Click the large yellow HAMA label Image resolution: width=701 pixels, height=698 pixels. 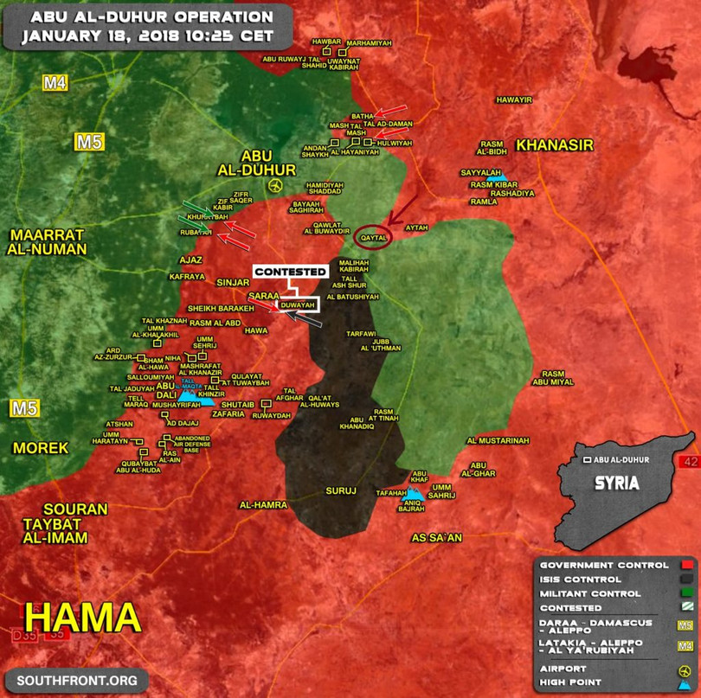pyautogui.click(x=83, y=618)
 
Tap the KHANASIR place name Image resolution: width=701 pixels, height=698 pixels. pyautogui.click(x=554, y=145)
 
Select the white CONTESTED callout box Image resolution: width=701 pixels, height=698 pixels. pyautogui.click(x=290, y=272)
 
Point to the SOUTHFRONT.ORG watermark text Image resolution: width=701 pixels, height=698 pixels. pyautogui.click(x=76, y=681)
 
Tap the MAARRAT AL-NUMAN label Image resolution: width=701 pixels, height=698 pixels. pyautogui.click(x=48, y=242)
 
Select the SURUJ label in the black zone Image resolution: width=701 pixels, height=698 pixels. pyautogui.click(x=341, y=491)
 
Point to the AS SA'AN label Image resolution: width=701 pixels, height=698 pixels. pyautogui.click(x=437, y=538)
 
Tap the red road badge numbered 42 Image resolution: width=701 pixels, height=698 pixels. pyautogui.click(x=690, y=462)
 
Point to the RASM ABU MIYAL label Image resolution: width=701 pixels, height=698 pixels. pyautogui.click(x=552, y=377)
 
